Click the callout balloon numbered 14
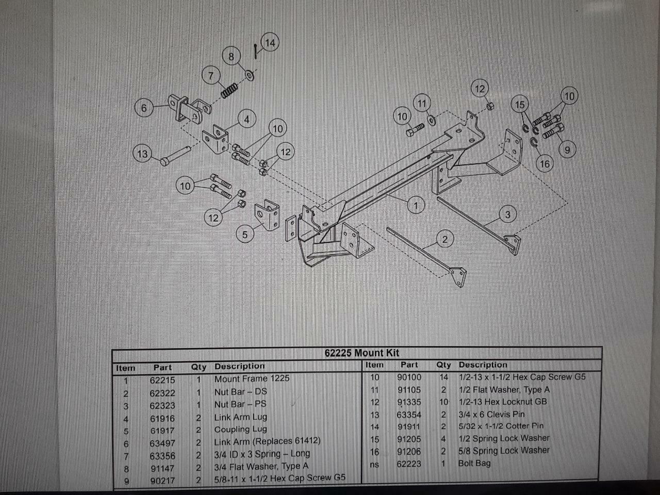[x=270, y=42]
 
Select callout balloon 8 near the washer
[x=231, y=56]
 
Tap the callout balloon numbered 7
[x=210, y=76]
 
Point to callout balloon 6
[x=144, y=108]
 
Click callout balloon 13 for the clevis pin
[x=142, y=154]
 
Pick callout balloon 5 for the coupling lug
[x=245, y=235]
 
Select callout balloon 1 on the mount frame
[x=416, y=205]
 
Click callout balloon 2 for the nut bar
[x=444, y=239]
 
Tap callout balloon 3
[x=507, y=214]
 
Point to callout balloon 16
[x=544, y=164]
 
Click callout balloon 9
[x=567, y=150]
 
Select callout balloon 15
[x=520, y=105]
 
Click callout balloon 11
[x=422, y=104]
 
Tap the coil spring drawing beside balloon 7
[x=228, y=91]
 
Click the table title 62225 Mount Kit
[x=361, y=353]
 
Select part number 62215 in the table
[x=162, y=380]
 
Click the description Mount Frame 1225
[x=252, y=378]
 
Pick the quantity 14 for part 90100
[x=443, y=377]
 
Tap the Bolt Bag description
[x=474, y=463]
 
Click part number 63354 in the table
[x=409, y=415]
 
